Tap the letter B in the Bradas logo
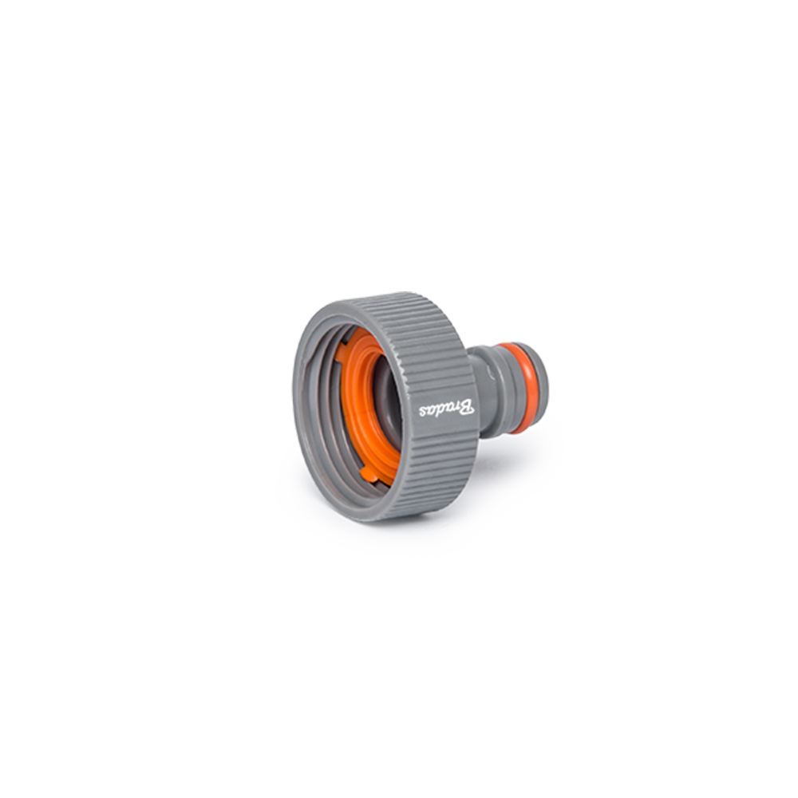tap(468, 407)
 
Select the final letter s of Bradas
tap(422, 412)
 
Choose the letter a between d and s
tap(430, 411)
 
